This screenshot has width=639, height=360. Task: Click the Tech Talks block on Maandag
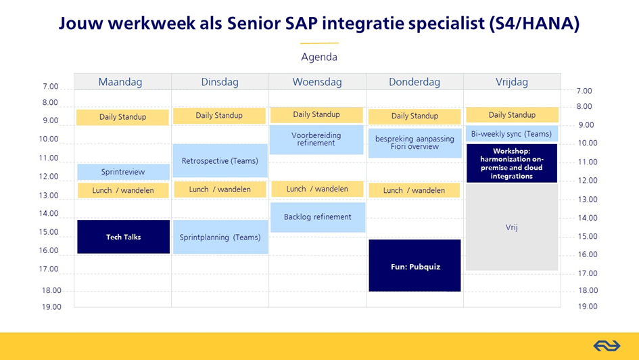click(124, 237)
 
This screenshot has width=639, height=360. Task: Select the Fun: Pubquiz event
click(415, 265)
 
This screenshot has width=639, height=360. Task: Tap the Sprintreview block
click(124, 172)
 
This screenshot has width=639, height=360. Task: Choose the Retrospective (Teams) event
click(220, 160)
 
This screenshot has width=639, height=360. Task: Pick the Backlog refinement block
click(318, 217)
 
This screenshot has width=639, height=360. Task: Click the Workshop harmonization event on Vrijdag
click(512, 163)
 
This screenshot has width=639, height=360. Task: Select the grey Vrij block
click(512, 227)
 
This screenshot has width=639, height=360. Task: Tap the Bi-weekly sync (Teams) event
click(512, 134)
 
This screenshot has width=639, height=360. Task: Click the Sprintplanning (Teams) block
click(220, 238)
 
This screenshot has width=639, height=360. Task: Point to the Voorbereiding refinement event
click(316, 139)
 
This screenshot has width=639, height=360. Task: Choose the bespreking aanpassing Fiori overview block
click(415, 143)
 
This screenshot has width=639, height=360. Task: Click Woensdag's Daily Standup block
click(316, 114)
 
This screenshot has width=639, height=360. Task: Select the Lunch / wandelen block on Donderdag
click(414, 190)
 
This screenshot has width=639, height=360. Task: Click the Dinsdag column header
click(220, 82)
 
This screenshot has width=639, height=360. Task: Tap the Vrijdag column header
click(512, 82)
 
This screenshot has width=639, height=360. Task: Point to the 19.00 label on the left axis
click(51, 307)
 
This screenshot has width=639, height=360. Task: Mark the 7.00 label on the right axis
click(584, 91)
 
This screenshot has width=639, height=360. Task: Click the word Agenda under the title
click(319, 57)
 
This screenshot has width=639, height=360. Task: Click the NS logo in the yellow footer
click(607, 346)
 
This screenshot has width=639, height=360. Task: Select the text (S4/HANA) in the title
click(534, 23)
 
